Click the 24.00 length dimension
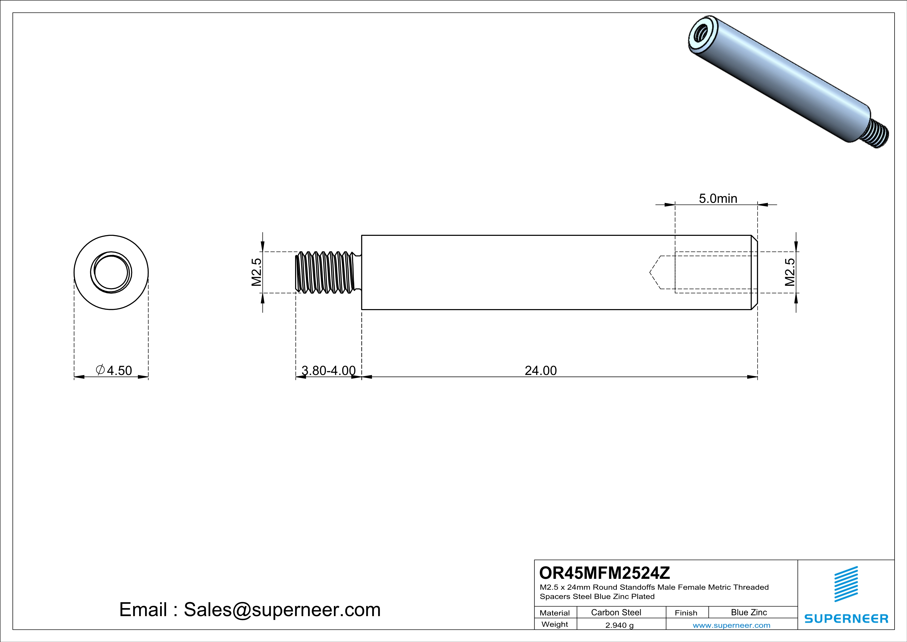coord(541,370)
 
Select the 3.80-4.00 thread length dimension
coord(328,370)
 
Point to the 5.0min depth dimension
coord(718,199)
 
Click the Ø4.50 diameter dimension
coord(114,370)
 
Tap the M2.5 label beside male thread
coord(256,272)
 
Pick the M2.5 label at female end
coord(789,272)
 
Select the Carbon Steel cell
coord(616,612)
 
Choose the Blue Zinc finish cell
coord(748,612)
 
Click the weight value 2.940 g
coord(619,625)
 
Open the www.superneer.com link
coord(731,625)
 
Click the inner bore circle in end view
coord(111,272)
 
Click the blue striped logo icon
coord(846,584)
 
